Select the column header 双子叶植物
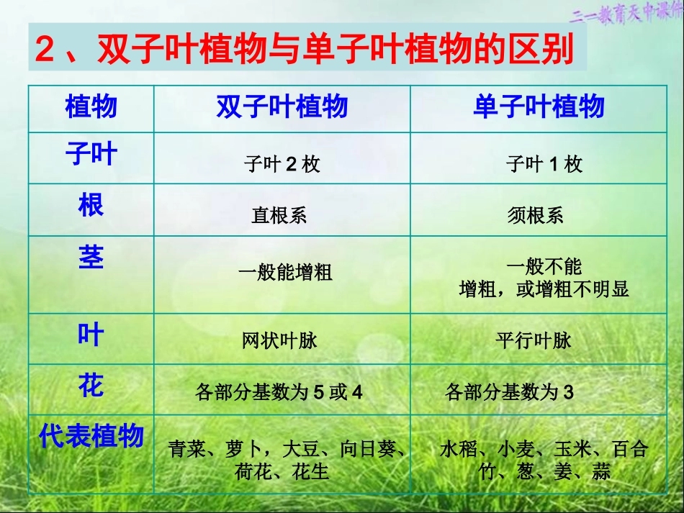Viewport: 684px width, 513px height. (282, 107)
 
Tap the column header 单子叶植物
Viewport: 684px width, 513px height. (539, 107)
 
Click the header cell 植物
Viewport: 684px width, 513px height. (91, 107)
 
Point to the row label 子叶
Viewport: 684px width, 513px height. (91, 154)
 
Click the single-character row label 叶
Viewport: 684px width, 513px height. (91, 335)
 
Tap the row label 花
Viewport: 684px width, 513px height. (91, 386)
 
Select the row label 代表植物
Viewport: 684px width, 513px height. (91, 436)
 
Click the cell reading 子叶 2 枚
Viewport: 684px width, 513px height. (282, 165)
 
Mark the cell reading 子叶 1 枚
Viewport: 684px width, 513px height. (544, 165)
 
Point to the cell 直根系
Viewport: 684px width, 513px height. (279, 215)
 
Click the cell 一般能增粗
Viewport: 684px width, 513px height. (285, 273)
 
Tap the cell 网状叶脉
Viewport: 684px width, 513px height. (279, 340)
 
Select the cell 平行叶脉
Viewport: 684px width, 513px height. (534, 340)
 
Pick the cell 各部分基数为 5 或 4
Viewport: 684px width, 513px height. (279, 393)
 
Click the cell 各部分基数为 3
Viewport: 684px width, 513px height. (509, 393)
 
